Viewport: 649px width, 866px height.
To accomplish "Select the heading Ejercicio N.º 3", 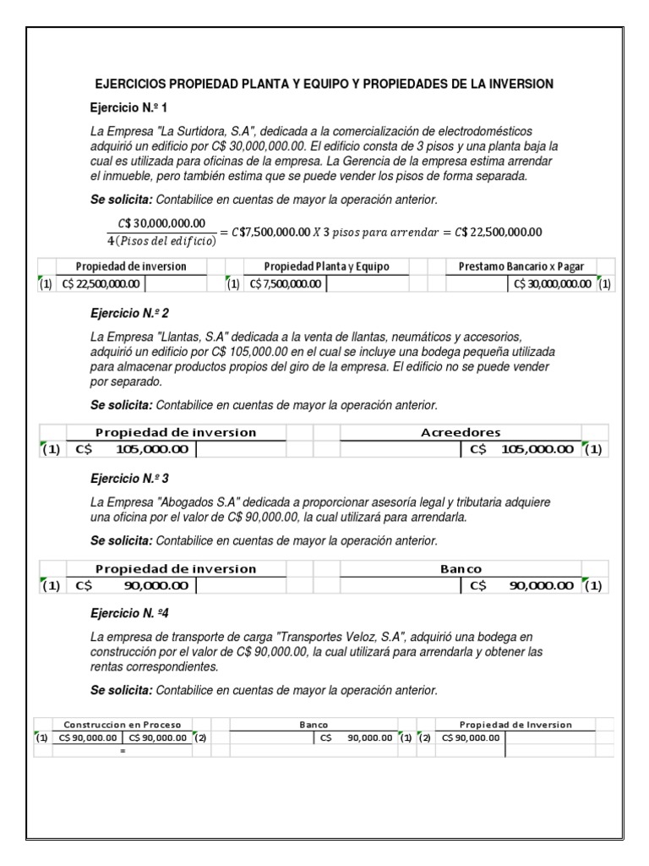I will tap(130, 477).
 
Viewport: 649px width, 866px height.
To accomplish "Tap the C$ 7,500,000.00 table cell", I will tap(284, 284).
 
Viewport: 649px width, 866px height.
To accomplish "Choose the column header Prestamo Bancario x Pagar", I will tap(521, 266).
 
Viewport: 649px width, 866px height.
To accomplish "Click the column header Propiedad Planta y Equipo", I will tap(326, 266).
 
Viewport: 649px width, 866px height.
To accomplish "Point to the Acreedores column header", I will tap(461, 432).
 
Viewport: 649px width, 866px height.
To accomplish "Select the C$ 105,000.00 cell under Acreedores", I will tap(521, 449).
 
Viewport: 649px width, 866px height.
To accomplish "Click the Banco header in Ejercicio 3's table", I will tap(461, 568).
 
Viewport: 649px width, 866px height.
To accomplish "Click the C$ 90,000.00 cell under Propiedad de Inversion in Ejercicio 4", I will tap(471, 737).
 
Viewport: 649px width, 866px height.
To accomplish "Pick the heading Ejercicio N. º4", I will tap(131, 611).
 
